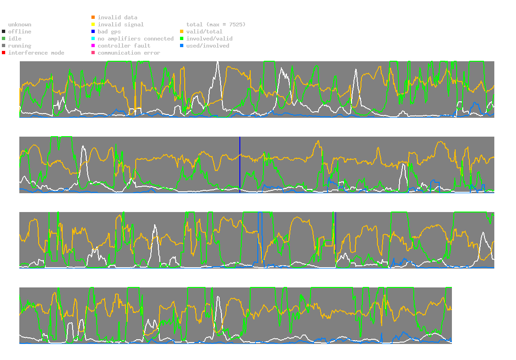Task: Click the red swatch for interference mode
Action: click(x=4, y=53)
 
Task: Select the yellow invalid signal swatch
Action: click(x=93, y=25)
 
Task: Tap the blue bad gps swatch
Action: click(x=93, y=32)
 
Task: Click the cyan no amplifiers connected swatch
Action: click(x=93, y=39)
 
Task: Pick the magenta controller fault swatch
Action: click(x=93, y=46)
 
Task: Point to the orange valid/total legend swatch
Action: click(x=182, y=32)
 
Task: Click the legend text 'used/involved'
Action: click(x=208, y=46)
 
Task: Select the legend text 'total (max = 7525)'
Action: click(x=216, y=25)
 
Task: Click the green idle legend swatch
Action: click(x=4, y=39)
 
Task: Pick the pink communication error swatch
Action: click(x=93, y=53)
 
